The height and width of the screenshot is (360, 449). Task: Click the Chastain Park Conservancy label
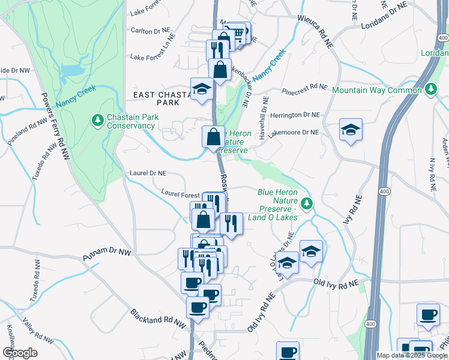(x=130, y=121)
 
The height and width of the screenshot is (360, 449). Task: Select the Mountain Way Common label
(x=376, y=90)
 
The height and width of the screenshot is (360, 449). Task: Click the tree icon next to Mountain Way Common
(x=430, y=90)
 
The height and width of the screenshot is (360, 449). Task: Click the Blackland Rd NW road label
(x=158, y=319)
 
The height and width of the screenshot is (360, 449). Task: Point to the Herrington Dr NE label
(x=294, y=115)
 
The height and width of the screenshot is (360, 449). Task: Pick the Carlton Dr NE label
(x=152, y=30)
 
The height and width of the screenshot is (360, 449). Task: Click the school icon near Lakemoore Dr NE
(x=351, y=130)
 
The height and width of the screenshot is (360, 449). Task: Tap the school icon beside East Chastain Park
(x=202, y=89)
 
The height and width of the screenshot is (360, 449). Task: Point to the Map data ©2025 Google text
(x=412, y=355)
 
